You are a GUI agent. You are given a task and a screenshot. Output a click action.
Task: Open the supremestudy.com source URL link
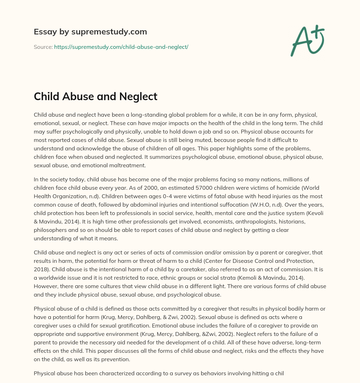121,47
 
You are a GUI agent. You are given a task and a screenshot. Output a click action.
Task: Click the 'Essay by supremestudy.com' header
90,32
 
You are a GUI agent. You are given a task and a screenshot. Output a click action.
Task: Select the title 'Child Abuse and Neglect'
95,96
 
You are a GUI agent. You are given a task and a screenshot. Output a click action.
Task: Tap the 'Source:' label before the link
43,47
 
